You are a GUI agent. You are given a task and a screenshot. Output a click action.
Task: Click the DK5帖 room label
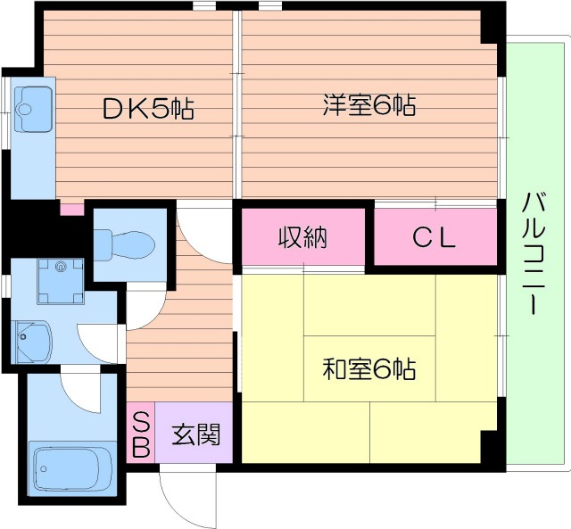point(148,109)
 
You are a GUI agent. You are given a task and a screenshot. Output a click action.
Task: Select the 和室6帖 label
point(368,368)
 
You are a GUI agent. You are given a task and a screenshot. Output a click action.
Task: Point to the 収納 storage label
point(302,238)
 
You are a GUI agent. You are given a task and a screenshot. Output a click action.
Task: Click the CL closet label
point(434,238)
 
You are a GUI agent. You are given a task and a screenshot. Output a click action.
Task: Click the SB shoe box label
point(141,434)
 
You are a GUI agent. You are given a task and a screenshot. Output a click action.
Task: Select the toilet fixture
point(124,242)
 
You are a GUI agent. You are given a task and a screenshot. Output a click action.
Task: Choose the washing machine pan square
point(60,281)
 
